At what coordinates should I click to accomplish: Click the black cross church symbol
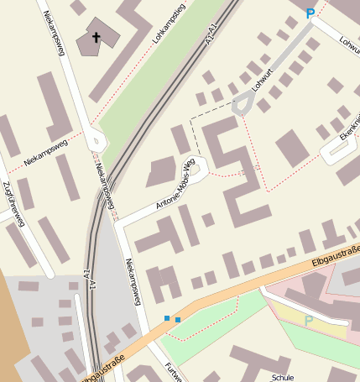[97, 37]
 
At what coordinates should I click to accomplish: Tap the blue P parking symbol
[310, 13]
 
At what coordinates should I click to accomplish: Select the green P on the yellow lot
[309, 320]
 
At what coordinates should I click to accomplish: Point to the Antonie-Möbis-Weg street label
[175, 185]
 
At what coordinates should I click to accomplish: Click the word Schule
[283, 377]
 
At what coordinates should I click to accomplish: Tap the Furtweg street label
[172, 370]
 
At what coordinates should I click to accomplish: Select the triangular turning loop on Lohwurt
[243, 103]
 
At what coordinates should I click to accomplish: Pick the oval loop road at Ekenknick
[339, 149]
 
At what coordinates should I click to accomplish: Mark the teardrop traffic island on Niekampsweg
[95, 140]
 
